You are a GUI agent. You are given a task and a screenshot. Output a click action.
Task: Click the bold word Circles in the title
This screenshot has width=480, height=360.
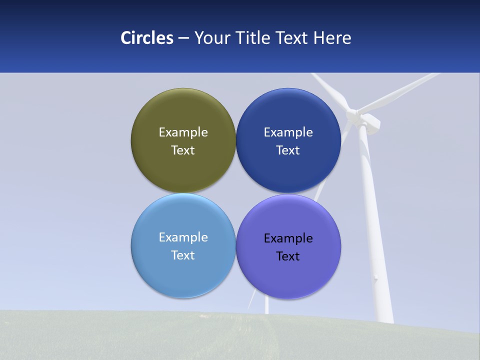[x=147, y=38]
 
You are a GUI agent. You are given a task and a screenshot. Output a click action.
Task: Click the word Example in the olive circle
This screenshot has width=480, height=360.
[x=183, y=132]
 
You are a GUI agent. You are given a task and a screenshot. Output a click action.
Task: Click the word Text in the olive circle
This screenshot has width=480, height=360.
[x=183, y=150]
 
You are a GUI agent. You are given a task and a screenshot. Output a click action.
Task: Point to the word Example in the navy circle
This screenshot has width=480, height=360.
[x=288, y=132]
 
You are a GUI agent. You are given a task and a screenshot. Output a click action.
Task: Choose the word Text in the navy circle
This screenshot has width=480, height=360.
[x=288, y=150]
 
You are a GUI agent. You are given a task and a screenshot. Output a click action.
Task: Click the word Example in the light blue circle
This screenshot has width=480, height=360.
[x=183, y=237]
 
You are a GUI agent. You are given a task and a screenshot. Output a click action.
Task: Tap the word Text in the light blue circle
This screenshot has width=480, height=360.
[x=183, y=255]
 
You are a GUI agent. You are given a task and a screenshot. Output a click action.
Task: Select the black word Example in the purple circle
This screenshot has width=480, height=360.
[x=288, y=238]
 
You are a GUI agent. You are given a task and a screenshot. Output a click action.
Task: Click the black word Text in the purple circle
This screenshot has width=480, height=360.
[x=288, y=256]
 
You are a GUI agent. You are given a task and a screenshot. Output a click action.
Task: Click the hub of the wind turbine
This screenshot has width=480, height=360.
[x=355, y=116]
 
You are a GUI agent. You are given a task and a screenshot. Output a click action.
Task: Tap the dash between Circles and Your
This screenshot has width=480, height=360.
[x=183, y=38]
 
